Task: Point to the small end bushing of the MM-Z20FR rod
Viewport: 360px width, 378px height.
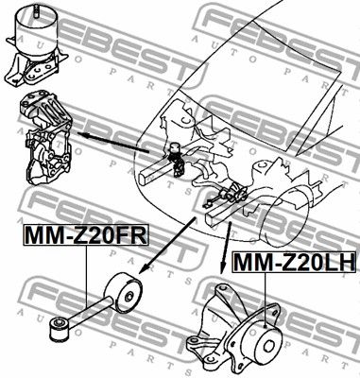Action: (x=57, y=329)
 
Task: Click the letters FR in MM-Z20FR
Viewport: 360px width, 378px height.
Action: (x=131, y=235)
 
